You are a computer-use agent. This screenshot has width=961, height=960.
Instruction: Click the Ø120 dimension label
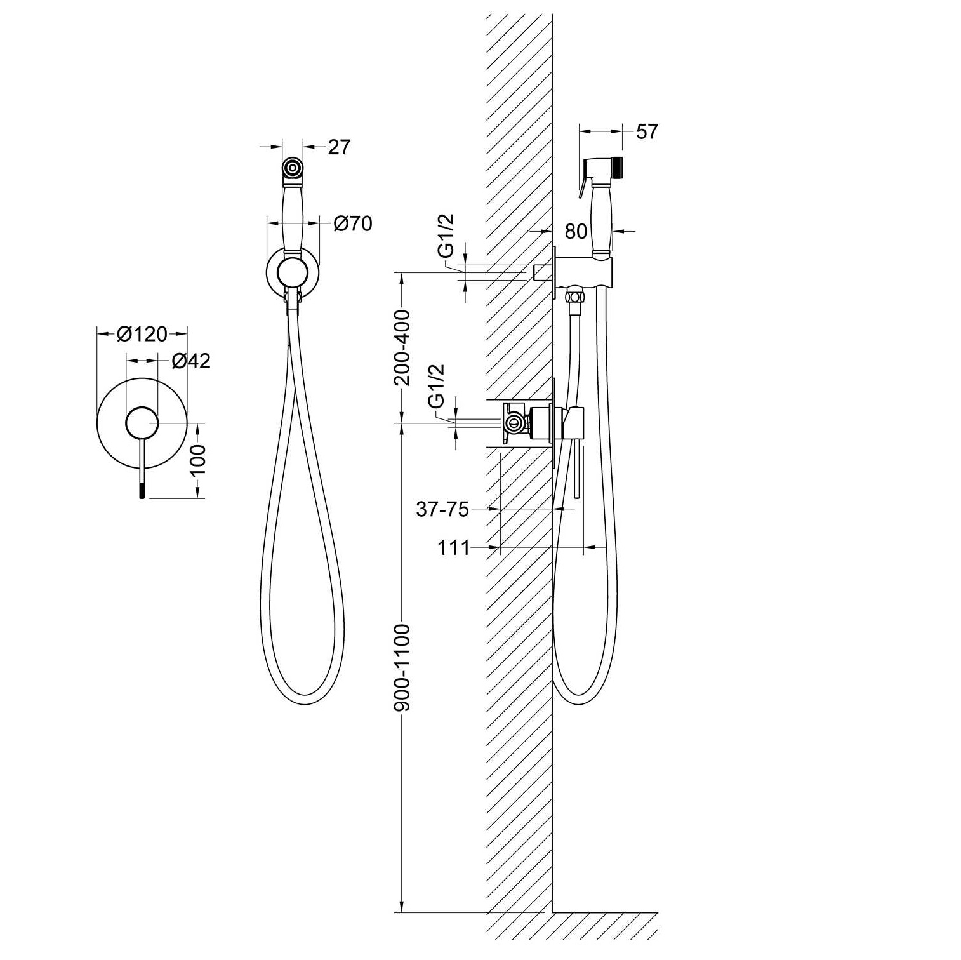(x=142, y=333)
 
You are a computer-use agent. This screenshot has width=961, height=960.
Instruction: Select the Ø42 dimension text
(x=191, y=361)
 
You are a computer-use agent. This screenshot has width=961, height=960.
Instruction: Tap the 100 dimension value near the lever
(x=198, y=459)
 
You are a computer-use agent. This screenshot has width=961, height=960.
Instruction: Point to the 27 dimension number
(x=339, y=147)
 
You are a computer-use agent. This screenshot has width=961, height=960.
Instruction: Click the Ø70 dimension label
(x=353, y=223)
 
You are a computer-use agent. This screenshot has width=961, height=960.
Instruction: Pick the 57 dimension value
(x=647, y=131)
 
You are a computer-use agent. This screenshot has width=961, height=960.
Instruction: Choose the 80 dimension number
(x=576, y=231)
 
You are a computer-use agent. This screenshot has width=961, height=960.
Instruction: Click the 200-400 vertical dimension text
(x=402, y=348)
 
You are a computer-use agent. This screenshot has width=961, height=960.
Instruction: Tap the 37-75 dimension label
(x=442, y=509)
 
